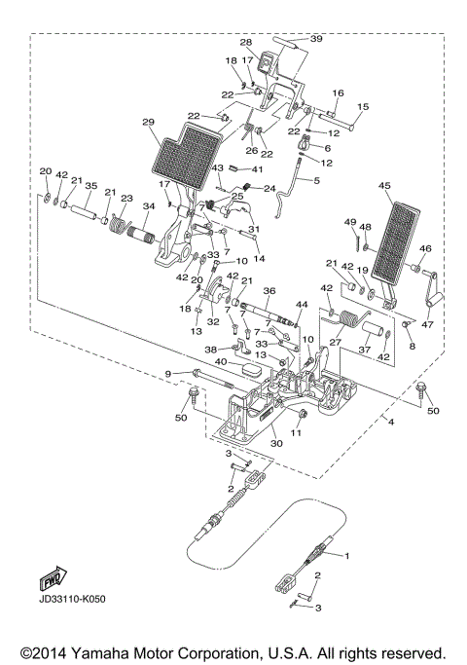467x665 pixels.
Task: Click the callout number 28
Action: click(246, 43)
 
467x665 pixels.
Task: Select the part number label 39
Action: click(315, 39)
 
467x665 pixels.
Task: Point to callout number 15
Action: click(363, 106)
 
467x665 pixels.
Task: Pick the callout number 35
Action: click(90, 184)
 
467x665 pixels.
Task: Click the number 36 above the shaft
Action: click(269, 290)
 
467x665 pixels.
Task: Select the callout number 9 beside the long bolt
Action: click(168, 374)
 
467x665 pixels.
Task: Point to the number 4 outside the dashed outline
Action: click(389, 421)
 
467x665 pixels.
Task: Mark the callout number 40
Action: click(223, 362)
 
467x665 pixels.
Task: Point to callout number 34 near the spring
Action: click(150, 206)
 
